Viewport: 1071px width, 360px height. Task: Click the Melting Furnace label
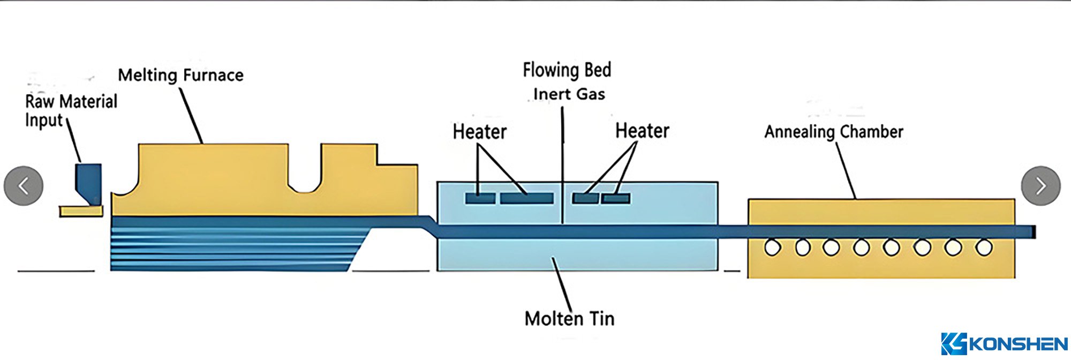pos(180,75)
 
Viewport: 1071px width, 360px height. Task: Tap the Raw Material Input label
pos(71,110)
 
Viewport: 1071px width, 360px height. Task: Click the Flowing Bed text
pos(567,70)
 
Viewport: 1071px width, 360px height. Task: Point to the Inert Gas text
pos(569,94)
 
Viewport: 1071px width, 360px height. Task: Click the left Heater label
pos(479,132)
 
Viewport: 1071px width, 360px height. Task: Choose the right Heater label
pos(642,131)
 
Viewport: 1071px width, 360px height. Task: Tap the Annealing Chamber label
pos(833,132)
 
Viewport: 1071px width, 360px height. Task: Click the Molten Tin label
pos(569,319)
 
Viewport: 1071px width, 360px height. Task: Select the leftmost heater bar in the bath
pos(480,198)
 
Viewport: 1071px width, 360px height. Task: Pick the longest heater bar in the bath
pos(526,198)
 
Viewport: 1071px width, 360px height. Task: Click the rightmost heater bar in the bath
pos(615,198)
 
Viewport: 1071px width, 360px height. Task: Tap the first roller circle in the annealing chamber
pos(772,247)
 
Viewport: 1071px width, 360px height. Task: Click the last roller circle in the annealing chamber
pos(984,247)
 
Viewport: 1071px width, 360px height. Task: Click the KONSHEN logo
pos(1004,344)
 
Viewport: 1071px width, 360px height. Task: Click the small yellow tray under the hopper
pos(81,212)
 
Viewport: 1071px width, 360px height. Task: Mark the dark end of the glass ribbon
pos(1034,232)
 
